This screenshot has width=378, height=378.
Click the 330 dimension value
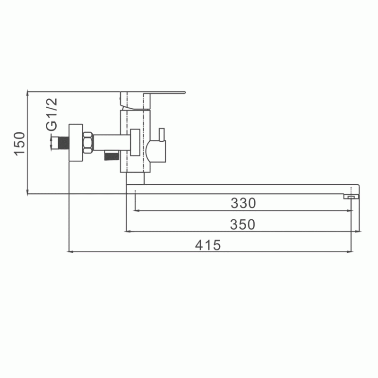click(x=243, y=203)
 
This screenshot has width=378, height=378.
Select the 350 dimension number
click(x=242, y=224)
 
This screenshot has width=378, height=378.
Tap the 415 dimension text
click(x=208, y=245)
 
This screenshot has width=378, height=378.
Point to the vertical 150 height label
click(x=19, y=144)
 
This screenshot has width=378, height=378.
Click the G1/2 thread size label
click(x=52, y=114)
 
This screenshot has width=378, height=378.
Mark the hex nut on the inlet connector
click(x=88, y=143)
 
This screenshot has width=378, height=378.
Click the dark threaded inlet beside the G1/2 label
click(x=64, y=143)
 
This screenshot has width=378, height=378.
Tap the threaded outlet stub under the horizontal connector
click(x=111, y=155)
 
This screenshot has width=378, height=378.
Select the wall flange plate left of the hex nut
click(x=76, y=143)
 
